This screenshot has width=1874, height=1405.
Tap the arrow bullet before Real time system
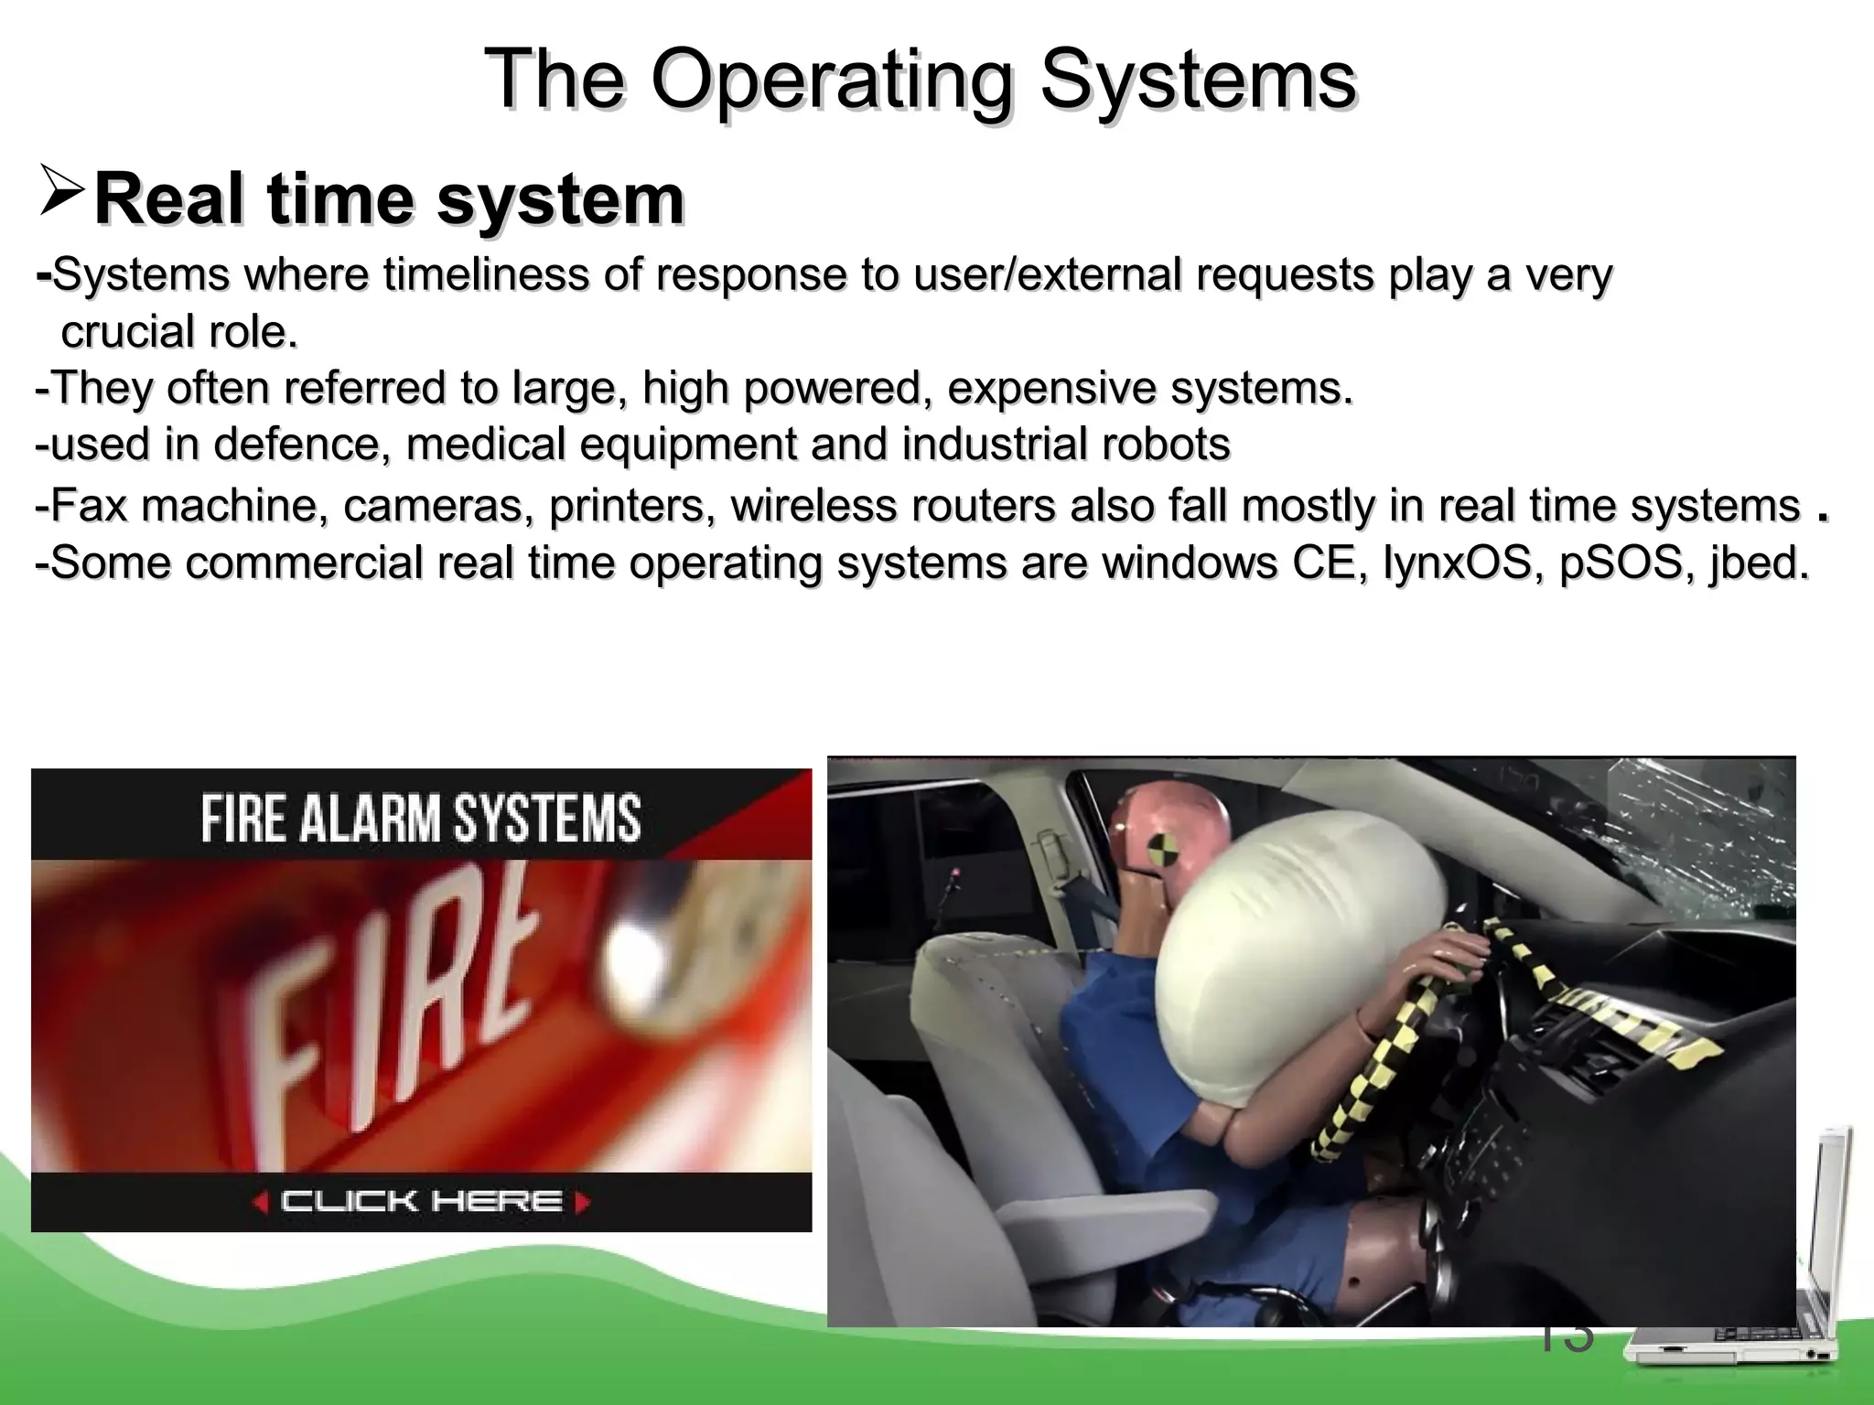coord(62,189)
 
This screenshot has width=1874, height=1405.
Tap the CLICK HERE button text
coord(421,1201)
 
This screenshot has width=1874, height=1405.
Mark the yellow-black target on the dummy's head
coord(1163,847)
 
